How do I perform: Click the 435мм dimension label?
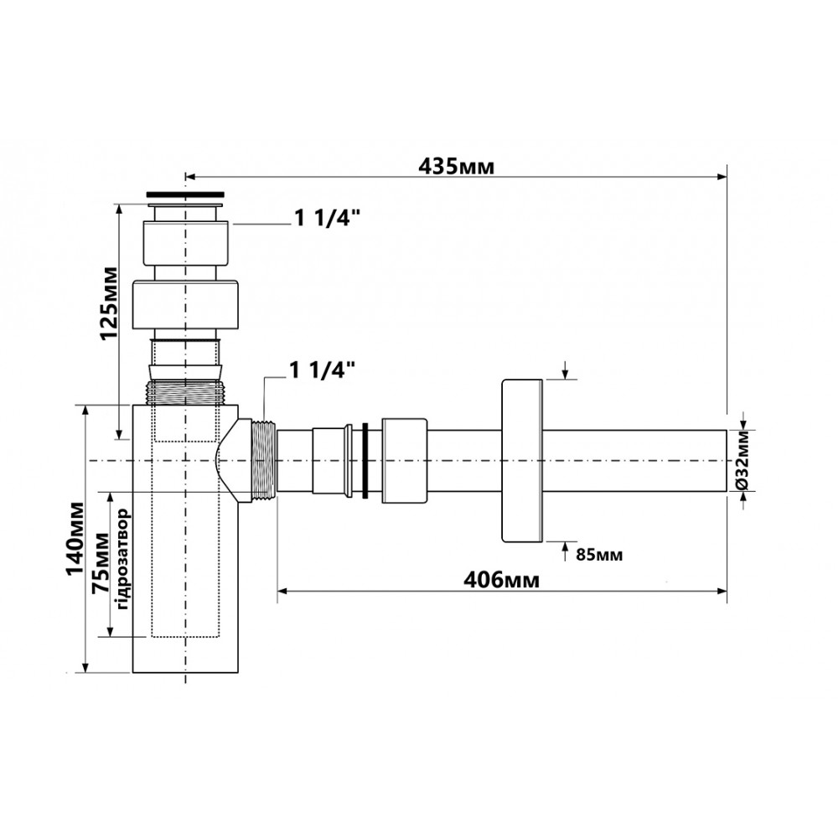click(x=457, y=166)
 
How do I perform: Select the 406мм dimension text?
click(x=501, y=579)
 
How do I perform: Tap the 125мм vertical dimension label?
click(x=109, y=303)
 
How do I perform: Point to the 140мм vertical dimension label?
click(x=75, y=538)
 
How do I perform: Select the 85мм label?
click(x=599, y=555)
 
